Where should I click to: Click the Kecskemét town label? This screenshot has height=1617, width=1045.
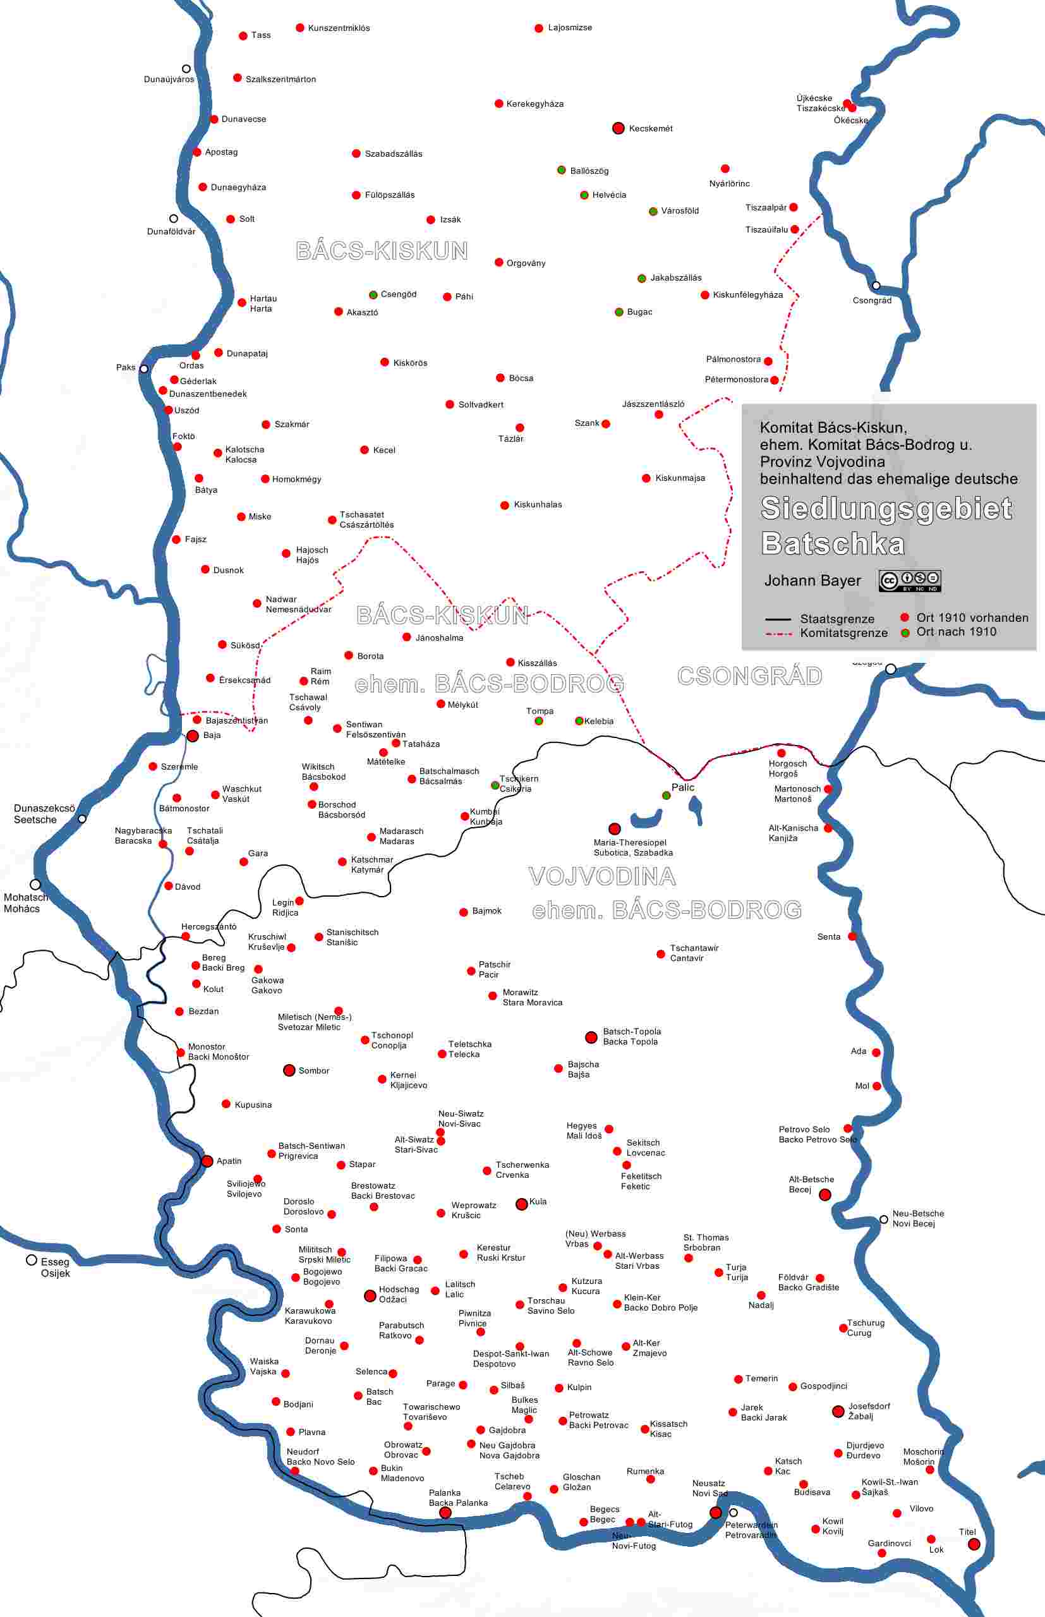point(650,128)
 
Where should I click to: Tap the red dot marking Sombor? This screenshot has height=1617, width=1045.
point(289,1070)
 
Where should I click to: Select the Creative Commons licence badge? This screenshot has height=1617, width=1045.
point(909,581)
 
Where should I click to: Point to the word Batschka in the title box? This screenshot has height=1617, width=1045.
point(833,544)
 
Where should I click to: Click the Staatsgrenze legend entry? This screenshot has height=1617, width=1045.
point(837,619)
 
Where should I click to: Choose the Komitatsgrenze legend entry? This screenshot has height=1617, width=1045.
point(843,633)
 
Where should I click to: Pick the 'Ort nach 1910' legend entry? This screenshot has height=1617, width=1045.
point(955,632)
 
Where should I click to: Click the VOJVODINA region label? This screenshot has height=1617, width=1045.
point(602,876)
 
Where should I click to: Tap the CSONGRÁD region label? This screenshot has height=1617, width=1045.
point(749,676)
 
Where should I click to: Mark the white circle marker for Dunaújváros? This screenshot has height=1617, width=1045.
point(186,68)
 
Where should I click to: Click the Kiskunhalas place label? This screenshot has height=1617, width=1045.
point(538,505)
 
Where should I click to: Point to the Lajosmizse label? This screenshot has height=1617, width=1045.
point(569,28)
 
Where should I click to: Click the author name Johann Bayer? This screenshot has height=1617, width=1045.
point(812,581)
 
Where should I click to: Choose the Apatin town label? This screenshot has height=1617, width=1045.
point(229,1161)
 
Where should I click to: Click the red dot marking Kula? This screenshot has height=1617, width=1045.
point(521,1204)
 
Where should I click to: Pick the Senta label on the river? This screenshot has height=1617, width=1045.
point(828,936)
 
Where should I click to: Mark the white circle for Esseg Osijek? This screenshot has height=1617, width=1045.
point(31,1260)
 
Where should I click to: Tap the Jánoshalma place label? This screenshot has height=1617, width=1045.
point(439,638)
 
